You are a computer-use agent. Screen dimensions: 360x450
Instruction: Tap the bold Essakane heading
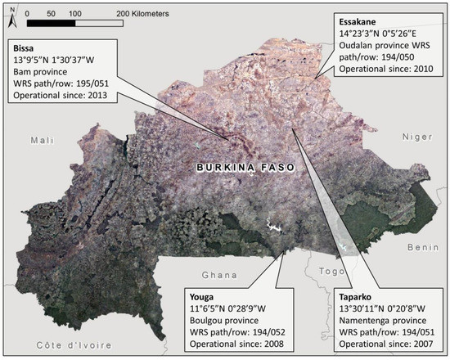[x=360, y=22]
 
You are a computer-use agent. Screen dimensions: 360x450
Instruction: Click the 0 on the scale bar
[x=29, y=14]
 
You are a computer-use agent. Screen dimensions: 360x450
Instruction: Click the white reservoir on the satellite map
[x=269, y=224]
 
